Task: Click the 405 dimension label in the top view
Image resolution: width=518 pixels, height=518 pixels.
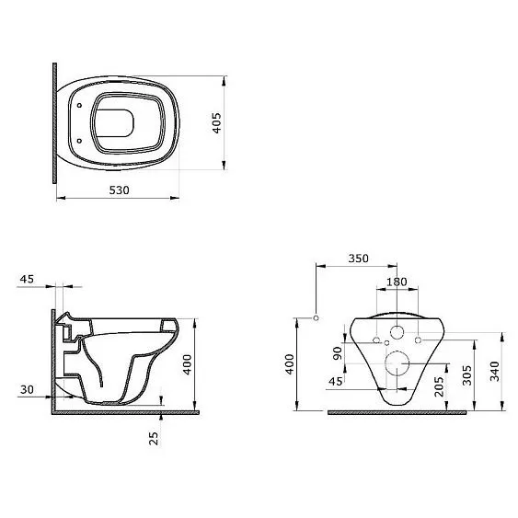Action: point(216,123)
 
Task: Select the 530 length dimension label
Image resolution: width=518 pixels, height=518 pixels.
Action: point(119,190)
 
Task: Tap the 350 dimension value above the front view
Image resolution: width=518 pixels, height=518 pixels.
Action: point(358,259)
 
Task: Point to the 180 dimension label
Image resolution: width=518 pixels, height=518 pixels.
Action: point(397,282)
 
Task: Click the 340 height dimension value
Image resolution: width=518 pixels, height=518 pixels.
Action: point(494,372)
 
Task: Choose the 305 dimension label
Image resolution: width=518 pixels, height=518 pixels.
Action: point(466,375)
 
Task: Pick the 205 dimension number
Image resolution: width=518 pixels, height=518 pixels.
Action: point(439,386)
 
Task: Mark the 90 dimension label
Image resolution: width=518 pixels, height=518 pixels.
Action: point(338,353)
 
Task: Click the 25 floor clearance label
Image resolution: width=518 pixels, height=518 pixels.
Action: point(154,438)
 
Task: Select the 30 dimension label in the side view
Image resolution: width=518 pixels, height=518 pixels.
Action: point(27,390)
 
